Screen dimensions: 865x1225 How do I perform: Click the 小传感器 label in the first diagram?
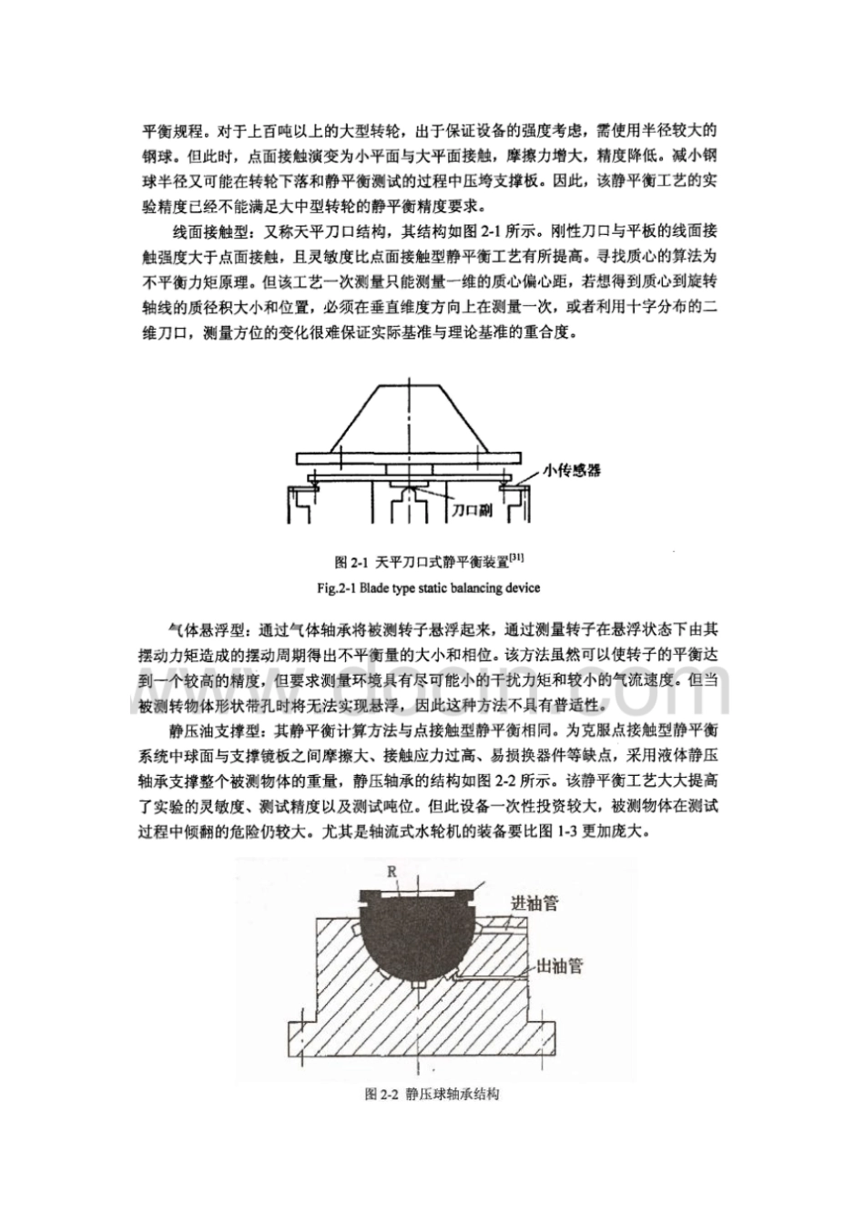tap(572, 470)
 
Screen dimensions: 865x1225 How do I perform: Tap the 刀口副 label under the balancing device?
tap(473, 513)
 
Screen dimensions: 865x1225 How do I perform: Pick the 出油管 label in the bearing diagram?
tap(557, 965)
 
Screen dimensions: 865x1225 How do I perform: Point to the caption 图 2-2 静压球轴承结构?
tap(432, 1095)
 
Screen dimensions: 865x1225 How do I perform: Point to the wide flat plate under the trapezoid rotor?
tap(411, 458)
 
